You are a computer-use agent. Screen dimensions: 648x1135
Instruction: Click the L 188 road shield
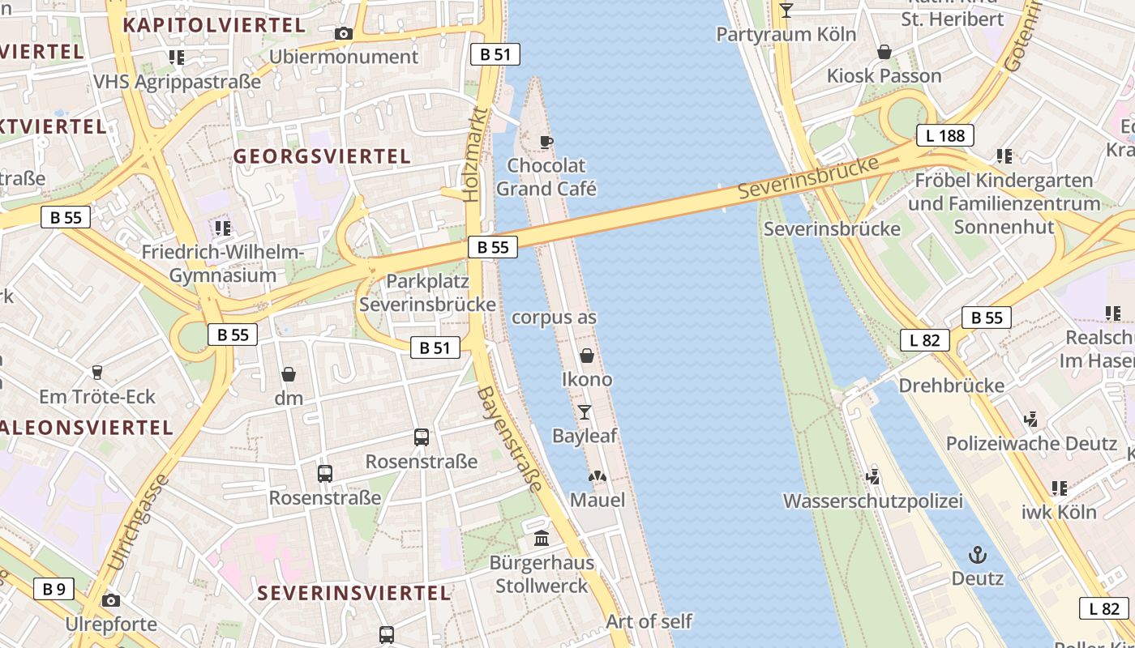[x=945, y=135]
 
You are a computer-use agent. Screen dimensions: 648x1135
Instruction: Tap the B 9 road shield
[x=54, y=589]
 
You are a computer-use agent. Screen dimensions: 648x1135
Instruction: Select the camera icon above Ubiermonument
[x=344, y=33]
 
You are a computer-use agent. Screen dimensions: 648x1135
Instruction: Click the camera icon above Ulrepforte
[x=111, y=600]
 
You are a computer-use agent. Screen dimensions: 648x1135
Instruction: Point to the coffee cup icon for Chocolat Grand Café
[x=546, y=142]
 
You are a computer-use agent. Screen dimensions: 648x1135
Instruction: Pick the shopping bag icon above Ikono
[x=587, y=356]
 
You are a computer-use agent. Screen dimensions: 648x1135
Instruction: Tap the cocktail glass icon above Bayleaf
[x=584, y=412]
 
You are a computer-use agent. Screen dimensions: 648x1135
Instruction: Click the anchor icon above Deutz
[x=978, y=555]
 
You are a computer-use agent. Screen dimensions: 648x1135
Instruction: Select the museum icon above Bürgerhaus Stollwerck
[x=542, y=538]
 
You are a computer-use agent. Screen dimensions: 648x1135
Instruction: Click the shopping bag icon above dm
[x=288, y=374]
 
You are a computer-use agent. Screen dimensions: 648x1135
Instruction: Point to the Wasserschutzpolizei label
[x=872, y=501]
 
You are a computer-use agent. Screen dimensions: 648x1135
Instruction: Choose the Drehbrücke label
[x=952, y=386]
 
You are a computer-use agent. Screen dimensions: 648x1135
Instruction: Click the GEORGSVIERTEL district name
[x=323, y=156]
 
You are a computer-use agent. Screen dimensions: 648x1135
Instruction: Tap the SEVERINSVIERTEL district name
[x=353, y=593]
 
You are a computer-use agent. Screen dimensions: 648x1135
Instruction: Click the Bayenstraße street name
[x=510, y=438]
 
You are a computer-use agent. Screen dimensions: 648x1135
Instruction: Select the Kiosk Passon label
[x=884, y=76]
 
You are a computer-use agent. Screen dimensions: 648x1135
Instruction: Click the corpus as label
[x=554, y=318]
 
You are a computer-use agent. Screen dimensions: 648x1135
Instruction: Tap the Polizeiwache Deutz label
[x=1031, y=444]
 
